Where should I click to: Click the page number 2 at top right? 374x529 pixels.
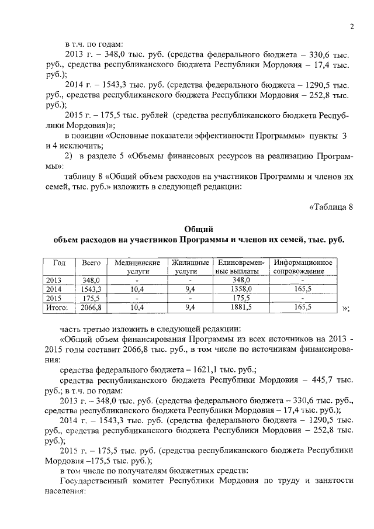[352, 26]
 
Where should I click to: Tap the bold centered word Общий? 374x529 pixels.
[198, 229]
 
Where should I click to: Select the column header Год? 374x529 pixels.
[59, 263]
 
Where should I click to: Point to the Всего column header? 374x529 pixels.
[91, 263]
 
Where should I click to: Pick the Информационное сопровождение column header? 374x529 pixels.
[303, 267]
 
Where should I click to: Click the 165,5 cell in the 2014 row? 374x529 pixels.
[303, 289]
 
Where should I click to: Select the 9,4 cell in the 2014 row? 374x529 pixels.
[186, 289]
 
